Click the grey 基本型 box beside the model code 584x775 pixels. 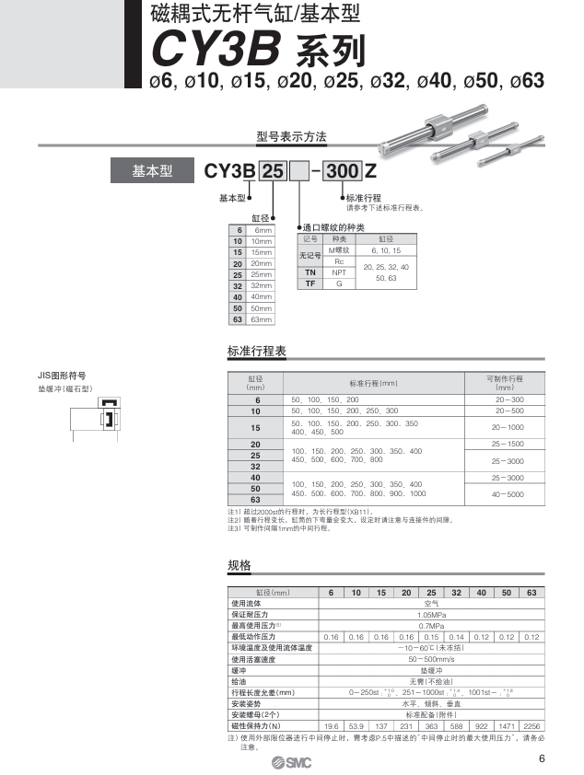pos(152,170)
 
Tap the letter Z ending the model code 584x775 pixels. pos(370,171)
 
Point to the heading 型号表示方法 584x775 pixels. pos(291,137)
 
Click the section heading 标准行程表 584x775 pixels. pos(257,351)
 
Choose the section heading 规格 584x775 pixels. pos(239,565)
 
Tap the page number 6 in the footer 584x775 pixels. pos(542,758)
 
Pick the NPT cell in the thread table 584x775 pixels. pos(339,272)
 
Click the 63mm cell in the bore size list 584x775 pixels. pos(263,319)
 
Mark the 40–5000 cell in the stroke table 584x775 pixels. pos(508,494)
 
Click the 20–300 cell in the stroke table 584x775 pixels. pos(508,399)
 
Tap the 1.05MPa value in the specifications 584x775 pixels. pos(431,614)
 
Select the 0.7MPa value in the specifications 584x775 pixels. pos(431,625)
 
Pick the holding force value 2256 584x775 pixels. pos(531,725)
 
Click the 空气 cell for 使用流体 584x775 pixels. pos(431,603)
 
